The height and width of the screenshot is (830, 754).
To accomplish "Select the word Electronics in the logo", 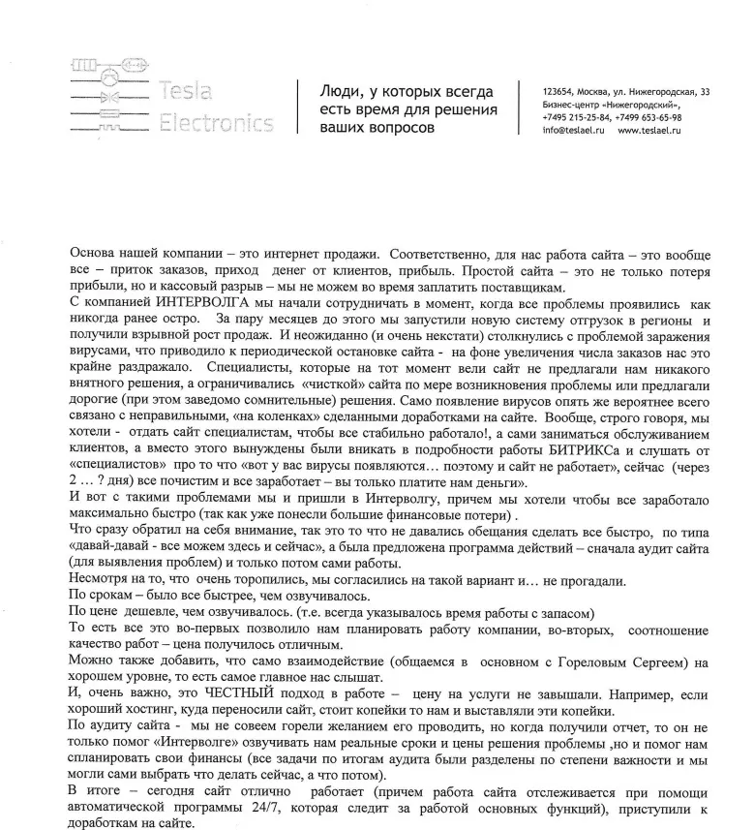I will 217,123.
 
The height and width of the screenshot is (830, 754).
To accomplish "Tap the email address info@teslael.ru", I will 574,130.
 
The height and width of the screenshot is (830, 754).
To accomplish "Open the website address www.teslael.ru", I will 649,130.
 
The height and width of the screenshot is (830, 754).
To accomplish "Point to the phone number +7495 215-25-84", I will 577,117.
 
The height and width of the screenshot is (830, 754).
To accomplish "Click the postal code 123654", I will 559,91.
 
